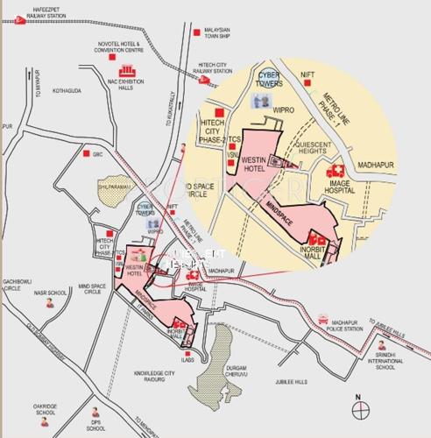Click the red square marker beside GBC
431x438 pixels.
click(x=87, y=154)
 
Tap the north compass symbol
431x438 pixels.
click(x=359, y=408)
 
